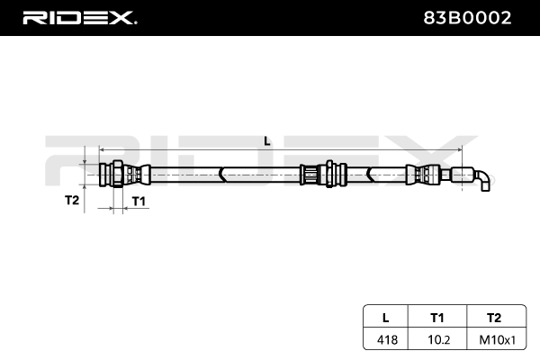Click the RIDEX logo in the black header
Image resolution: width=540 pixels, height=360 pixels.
(x=80, y=18)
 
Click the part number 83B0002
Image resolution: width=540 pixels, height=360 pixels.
(x=467, y=18)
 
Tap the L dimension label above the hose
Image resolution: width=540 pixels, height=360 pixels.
(x=267, y=141)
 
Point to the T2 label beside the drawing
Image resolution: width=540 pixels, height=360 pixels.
(x=72, y=200)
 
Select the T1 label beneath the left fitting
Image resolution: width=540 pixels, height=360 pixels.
(x=139, y=202)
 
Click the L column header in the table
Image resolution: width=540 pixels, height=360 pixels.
(x=386, y=318)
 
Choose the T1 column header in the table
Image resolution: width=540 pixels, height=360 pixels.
(x=437, y=318)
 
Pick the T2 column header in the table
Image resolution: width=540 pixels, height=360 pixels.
(x=494, y=318)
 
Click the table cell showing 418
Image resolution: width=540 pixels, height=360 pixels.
(x=387, y=340)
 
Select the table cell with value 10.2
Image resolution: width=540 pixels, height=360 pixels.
(x=439, y=340)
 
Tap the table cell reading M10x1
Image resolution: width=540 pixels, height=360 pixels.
(x=498, y=340)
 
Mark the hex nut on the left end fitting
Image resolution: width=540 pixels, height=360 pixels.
(x=118, y=174)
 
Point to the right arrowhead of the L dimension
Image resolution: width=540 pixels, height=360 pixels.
(x=459, y=150)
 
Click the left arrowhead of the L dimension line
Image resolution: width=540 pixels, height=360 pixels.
(x=102, y=150)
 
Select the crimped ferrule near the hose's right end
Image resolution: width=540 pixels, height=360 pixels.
(x=423, y=175)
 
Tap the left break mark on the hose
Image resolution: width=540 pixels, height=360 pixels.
(x=221, y=175)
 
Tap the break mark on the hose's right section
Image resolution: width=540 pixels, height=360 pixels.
(x=370, y=175)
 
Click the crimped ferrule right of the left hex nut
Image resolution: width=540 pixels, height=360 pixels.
(x=137, y=174)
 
